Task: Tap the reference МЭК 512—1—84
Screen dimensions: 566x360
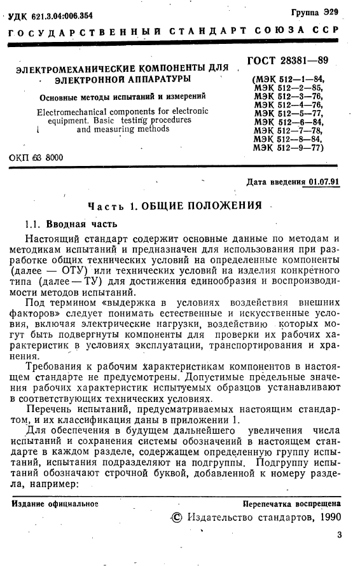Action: pos(289,79)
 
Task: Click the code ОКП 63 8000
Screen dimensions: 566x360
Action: pos(36,156)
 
